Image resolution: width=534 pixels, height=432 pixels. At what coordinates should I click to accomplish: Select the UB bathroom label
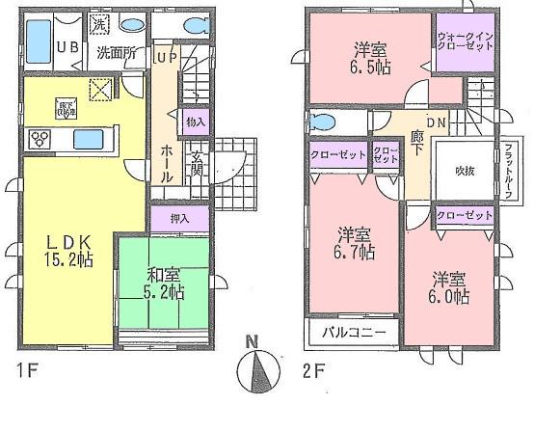click(67, 48)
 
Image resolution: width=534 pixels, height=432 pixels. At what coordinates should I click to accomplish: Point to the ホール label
click(167, 157)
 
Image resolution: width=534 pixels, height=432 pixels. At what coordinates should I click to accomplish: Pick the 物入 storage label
click(196, 122)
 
